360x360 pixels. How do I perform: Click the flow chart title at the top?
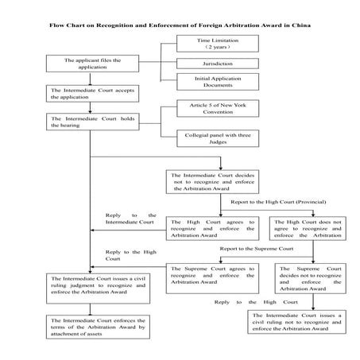click(x=180, y=26)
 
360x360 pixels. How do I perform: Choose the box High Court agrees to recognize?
click(x=212, y=229)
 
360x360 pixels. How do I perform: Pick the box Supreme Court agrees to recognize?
click(x=212, y=274)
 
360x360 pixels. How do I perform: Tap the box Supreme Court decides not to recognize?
click(x=311, y=277)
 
